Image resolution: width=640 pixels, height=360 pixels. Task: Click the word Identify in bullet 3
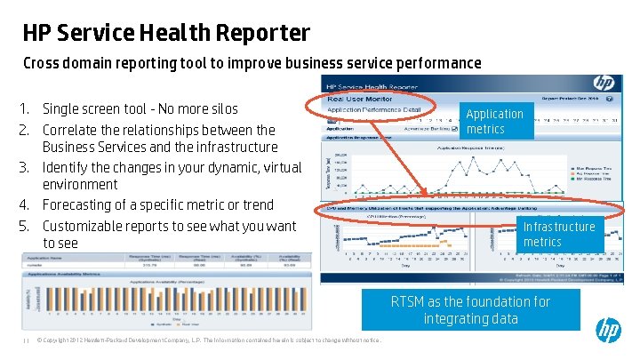point(68,166)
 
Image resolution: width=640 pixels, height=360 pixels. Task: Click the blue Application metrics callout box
point(495,121)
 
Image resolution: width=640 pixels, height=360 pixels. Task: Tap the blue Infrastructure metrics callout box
point(559,233)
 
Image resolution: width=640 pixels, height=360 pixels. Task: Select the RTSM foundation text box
point(471,309)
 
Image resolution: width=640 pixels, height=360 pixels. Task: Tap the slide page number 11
point(27,340)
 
